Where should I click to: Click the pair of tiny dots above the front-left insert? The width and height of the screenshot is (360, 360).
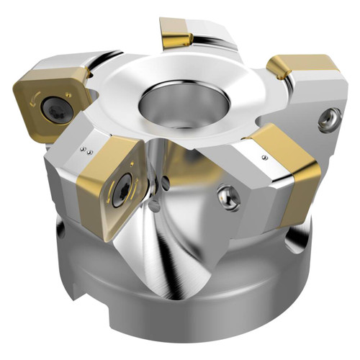87,150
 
